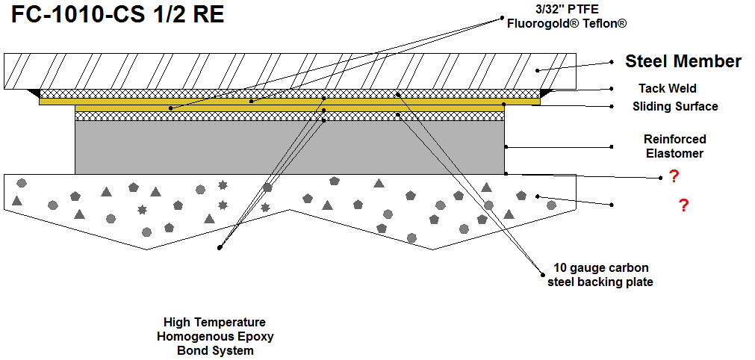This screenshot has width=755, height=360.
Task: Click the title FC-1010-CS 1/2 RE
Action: click(x=117, y=16)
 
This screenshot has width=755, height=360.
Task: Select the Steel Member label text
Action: click(x=683, y=62)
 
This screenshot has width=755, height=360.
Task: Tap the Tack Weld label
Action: click(x=667, y=88)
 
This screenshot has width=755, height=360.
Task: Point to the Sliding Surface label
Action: click(x=674, y=106)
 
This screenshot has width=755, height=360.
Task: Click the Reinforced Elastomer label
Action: click(x=674, y=146)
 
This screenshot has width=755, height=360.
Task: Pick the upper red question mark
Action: click(x=673, y=176)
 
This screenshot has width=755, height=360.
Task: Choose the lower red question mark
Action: click(x=683, y=206)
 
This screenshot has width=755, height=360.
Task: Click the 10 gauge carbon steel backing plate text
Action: click(x=601, y=274)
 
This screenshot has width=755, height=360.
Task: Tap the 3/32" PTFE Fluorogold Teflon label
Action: click(x=566, y=17)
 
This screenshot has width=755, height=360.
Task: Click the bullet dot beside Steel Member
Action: click(x=612, y=62)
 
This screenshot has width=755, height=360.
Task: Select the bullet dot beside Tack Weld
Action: click(x=612, y=88)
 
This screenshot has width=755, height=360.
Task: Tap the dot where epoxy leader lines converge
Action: click(x=220, y=247)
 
